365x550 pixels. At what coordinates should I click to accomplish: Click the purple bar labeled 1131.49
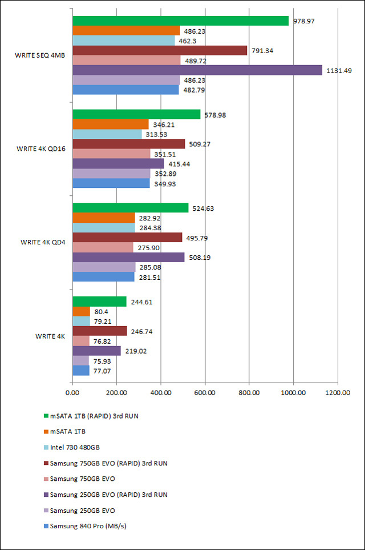197,70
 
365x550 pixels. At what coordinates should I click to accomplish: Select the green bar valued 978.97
180,21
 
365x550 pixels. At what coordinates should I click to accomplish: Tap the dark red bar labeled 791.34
160,51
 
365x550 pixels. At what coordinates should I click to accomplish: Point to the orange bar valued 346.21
110,124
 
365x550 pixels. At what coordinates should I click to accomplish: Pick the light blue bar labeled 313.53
107,134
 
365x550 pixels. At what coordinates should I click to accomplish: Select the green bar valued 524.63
130,208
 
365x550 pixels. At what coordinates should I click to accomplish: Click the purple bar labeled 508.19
128,257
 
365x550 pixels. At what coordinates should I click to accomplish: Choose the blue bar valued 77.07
81,371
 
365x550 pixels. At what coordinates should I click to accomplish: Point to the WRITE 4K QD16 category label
40,149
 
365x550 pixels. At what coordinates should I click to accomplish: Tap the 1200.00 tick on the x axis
338,393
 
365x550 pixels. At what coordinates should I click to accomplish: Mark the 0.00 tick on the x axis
72,393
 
